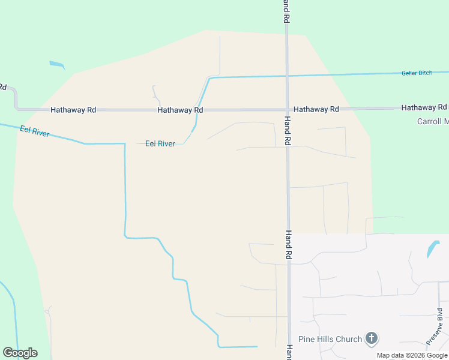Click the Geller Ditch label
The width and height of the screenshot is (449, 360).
417,73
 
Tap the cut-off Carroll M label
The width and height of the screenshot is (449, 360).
432,121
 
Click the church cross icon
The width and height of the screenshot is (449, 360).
372,338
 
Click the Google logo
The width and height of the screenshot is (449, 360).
20,353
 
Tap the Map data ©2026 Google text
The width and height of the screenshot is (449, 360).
412,355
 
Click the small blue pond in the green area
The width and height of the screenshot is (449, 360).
57,64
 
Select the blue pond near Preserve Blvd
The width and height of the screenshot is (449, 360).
432,248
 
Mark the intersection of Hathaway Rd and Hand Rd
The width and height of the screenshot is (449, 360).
288,110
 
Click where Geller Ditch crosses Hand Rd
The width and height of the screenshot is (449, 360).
288,76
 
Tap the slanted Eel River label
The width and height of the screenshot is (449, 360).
34,133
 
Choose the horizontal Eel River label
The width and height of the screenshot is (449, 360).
160,144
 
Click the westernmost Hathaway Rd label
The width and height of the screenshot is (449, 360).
73,110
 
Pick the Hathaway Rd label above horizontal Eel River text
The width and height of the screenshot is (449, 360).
180,110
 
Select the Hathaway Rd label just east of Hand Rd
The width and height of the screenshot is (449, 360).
316,109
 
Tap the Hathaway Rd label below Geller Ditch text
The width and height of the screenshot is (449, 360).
424,107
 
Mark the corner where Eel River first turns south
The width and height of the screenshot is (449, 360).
124,144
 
